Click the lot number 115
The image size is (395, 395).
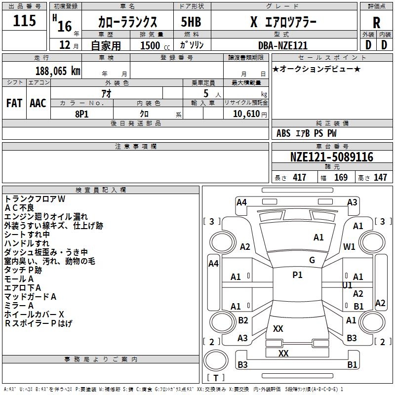tap(25, 21)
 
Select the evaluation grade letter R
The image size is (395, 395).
tap(376, 23)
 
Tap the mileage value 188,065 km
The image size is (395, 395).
tap(58, 71)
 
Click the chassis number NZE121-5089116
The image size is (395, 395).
tap(331, 157)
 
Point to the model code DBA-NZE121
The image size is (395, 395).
tap(283, 45)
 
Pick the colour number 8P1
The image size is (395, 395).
tap(81, 114)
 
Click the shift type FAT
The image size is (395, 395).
tap(14, 103)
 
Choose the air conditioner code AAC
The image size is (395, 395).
tap(38, 103)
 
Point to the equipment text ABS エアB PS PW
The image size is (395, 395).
tap(307, 133)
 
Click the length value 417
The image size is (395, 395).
tap(299, 177)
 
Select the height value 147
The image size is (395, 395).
tap(380, 177)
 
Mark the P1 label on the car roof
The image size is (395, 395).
tap(297, 275)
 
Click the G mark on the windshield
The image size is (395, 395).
tap(312, 260)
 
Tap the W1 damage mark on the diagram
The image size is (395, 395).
tap(350, 246)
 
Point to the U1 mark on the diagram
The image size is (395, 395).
tap(347, 285)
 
